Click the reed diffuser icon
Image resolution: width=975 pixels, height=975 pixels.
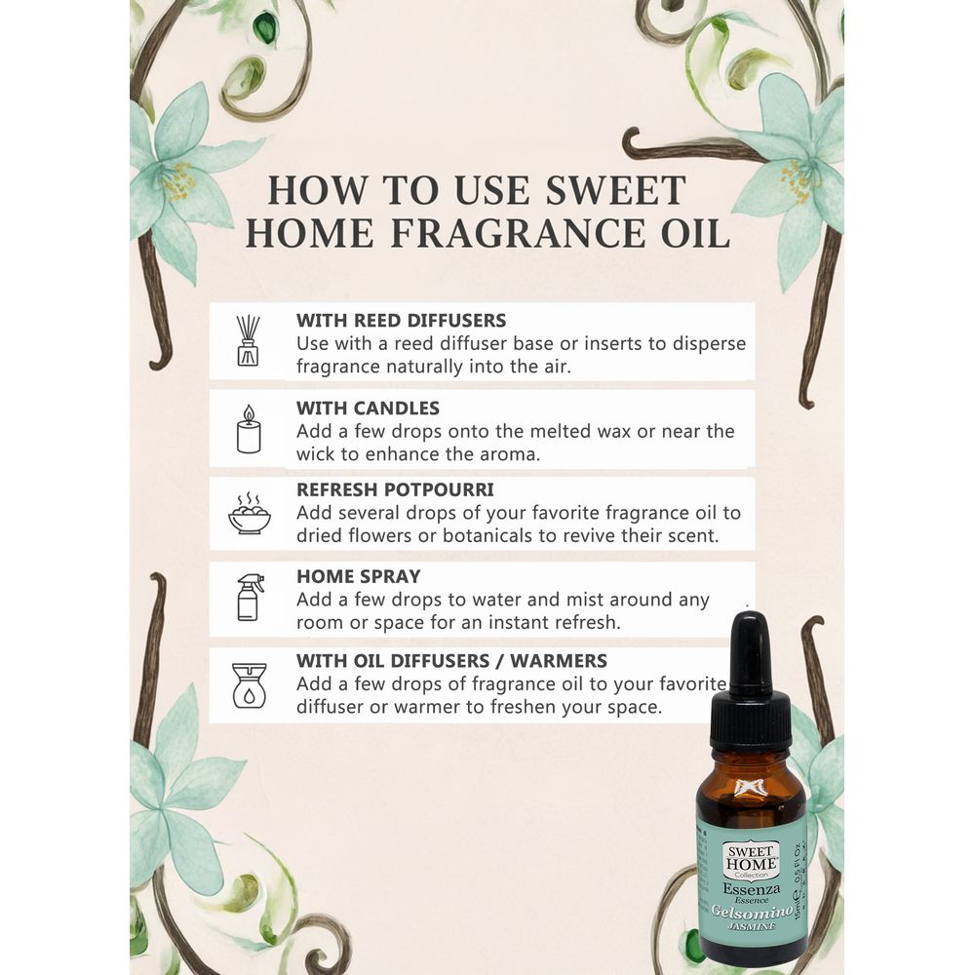[x=248, y=340]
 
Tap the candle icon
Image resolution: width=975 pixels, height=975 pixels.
[x=249, y=429]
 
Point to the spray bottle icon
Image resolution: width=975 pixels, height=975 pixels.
[x=250, y=598]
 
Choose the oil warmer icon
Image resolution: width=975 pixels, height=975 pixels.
[x=249, y=685]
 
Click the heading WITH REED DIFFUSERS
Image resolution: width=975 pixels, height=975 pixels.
[x=401, y=320]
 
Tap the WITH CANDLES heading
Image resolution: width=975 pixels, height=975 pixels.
[x=368, y=408]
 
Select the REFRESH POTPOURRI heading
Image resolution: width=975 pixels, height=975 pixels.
[x=395, y=489]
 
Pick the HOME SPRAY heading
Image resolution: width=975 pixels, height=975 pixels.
[x=358, y=576]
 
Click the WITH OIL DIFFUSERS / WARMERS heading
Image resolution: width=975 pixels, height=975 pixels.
[x=451, y=660]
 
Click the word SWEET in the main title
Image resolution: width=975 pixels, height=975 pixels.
[x=615, y=190]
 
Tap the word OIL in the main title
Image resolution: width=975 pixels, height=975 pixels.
[x=695, y=233]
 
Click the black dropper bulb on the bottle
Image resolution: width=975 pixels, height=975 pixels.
[x=750, y=649]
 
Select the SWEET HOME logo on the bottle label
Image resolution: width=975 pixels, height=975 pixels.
[x=751, y=860]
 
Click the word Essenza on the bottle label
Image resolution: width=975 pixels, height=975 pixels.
[x=751, y=889]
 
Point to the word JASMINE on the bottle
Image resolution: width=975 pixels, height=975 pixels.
[x=752, y=926]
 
